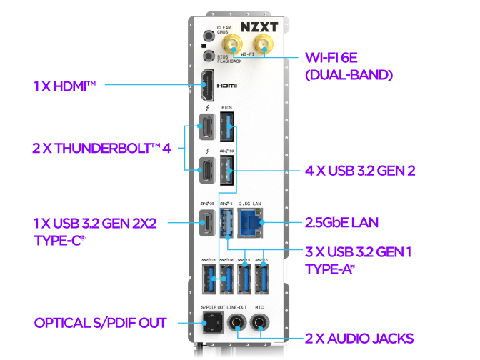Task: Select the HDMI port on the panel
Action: (206, 86)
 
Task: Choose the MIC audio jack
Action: (261, 323)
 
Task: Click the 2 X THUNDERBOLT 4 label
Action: (101, 149)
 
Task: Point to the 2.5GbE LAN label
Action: (341, 223)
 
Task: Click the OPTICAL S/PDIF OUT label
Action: (100, 323)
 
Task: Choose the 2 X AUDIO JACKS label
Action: (359, 337)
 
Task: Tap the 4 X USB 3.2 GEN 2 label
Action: (359, 171)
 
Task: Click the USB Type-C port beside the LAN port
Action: (206, 222)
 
